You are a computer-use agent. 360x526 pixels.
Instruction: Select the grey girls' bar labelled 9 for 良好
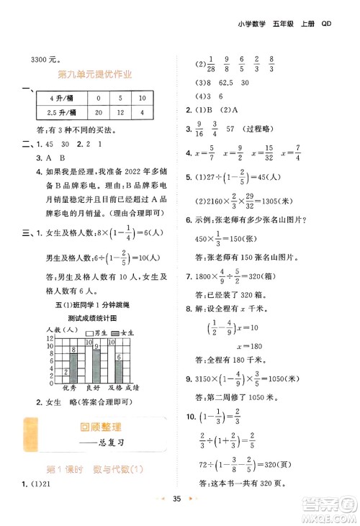point(97,362)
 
